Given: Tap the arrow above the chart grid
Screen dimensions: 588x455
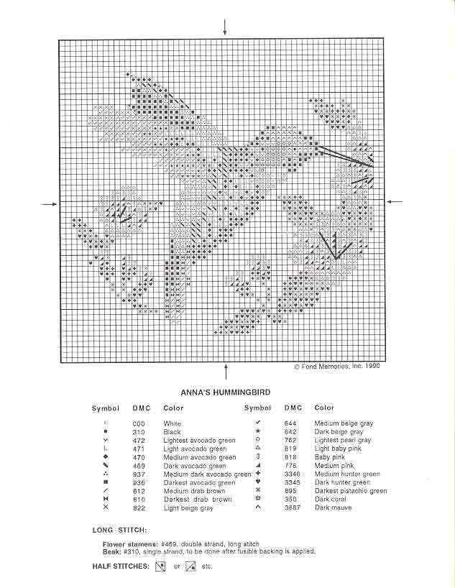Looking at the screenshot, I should click(226, 27).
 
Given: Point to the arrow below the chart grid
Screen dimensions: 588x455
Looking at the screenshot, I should click(226, 371).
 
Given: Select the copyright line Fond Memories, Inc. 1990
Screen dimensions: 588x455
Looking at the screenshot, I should click(336, 366).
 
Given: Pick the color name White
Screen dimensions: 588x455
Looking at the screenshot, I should click(173, 424).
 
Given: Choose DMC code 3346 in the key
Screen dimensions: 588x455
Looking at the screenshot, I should click(292, 474).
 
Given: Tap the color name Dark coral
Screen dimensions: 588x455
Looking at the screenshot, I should click(331, 500).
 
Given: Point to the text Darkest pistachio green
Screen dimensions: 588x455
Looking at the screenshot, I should click(351, 491).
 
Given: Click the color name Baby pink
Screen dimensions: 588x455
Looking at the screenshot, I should click(330, 457).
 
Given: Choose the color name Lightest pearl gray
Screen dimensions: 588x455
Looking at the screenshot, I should click(343, 441).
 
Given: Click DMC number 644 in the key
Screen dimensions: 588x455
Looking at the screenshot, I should click(290, 424).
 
